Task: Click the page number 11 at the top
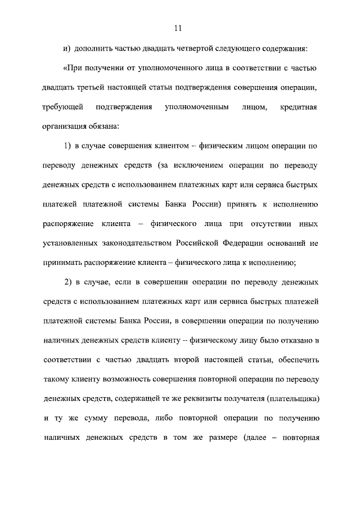coord(179,29)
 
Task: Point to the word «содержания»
coord(284,49)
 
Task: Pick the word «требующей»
coord(62,107)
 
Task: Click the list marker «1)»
coord(67,146)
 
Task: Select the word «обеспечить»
coord(299,361)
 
